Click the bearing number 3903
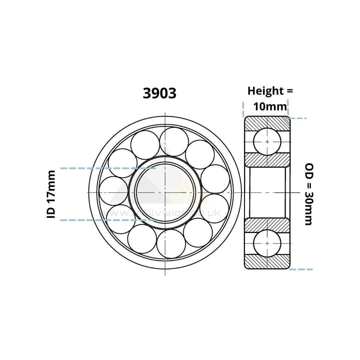159,93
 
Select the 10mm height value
270,106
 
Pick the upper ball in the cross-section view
267,142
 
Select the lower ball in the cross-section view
267,243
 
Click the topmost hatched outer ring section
267,123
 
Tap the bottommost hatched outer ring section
267,262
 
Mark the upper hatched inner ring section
267,160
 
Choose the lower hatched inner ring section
267,225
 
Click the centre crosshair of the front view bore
165,193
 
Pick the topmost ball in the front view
174,142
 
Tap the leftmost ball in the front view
113,191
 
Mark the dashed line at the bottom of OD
301,269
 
